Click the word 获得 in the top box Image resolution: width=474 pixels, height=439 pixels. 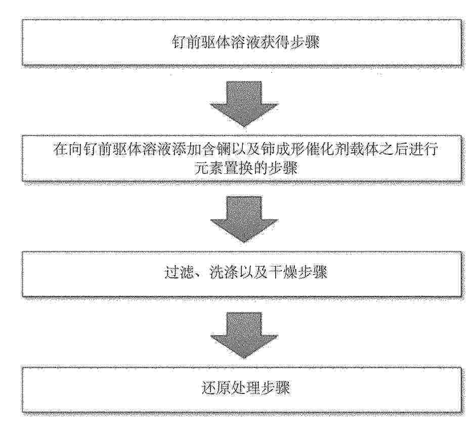(275, 42)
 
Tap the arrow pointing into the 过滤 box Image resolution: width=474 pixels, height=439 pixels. (244, 219)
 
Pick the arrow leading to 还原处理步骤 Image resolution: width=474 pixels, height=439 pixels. (244, 335)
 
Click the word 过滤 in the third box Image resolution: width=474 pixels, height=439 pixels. (179, 273)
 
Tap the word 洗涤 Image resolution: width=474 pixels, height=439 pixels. (224, 273)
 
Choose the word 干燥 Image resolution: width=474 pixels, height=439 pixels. (282, 273)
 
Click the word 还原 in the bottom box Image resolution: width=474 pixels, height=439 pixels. (216, 388)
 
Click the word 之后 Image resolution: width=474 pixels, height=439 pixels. (394, 150)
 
